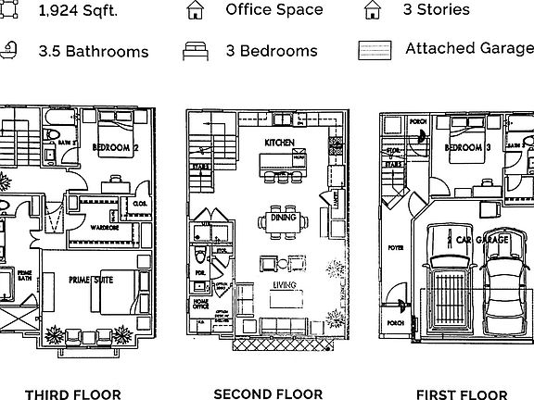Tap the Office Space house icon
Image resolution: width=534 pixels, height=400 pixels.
(195, 11)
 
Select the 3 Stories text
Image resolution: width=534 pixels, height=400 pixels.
(436, 11)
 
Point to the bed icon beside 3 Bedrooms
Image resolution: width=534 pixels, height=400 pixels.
(195, 50)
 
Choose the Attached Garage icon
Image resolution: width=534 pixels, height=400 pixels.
(375, 49)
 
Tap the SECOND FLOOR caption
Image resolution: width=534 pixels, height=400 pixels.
(268, 394)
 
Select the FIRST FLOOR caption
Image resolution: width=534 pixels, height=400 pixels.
(462, 394)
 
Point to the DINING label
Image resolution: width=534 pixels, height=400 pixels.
(282, 219)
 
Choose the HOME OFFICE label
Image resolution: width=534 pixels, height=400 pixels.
(201, 303)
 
